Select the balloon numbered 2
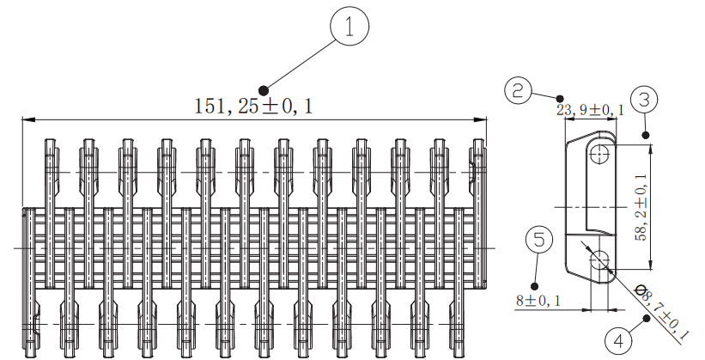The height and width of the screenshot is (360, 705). point(520,90)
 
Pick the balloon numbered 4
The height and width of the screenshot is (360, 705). point(615,339)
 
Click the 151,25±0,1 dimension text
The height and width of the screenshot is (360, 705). point(254,107)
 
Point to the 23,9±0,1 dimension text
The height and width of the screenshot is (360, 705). point(590,111)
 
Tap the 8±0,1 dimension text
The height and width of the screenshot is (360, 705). point(538,301)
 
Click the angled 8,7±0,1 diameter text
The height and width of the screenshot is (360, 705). point(666,312)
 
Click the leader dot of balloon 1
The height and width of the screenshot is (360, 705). point(264,89)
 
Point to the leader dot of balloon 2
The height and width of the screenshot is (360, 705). point(561,98)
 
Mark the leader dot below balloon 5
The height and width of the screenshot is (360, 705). point(535,284)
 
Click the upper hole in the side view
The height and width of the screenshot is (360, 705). point(599,154)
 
